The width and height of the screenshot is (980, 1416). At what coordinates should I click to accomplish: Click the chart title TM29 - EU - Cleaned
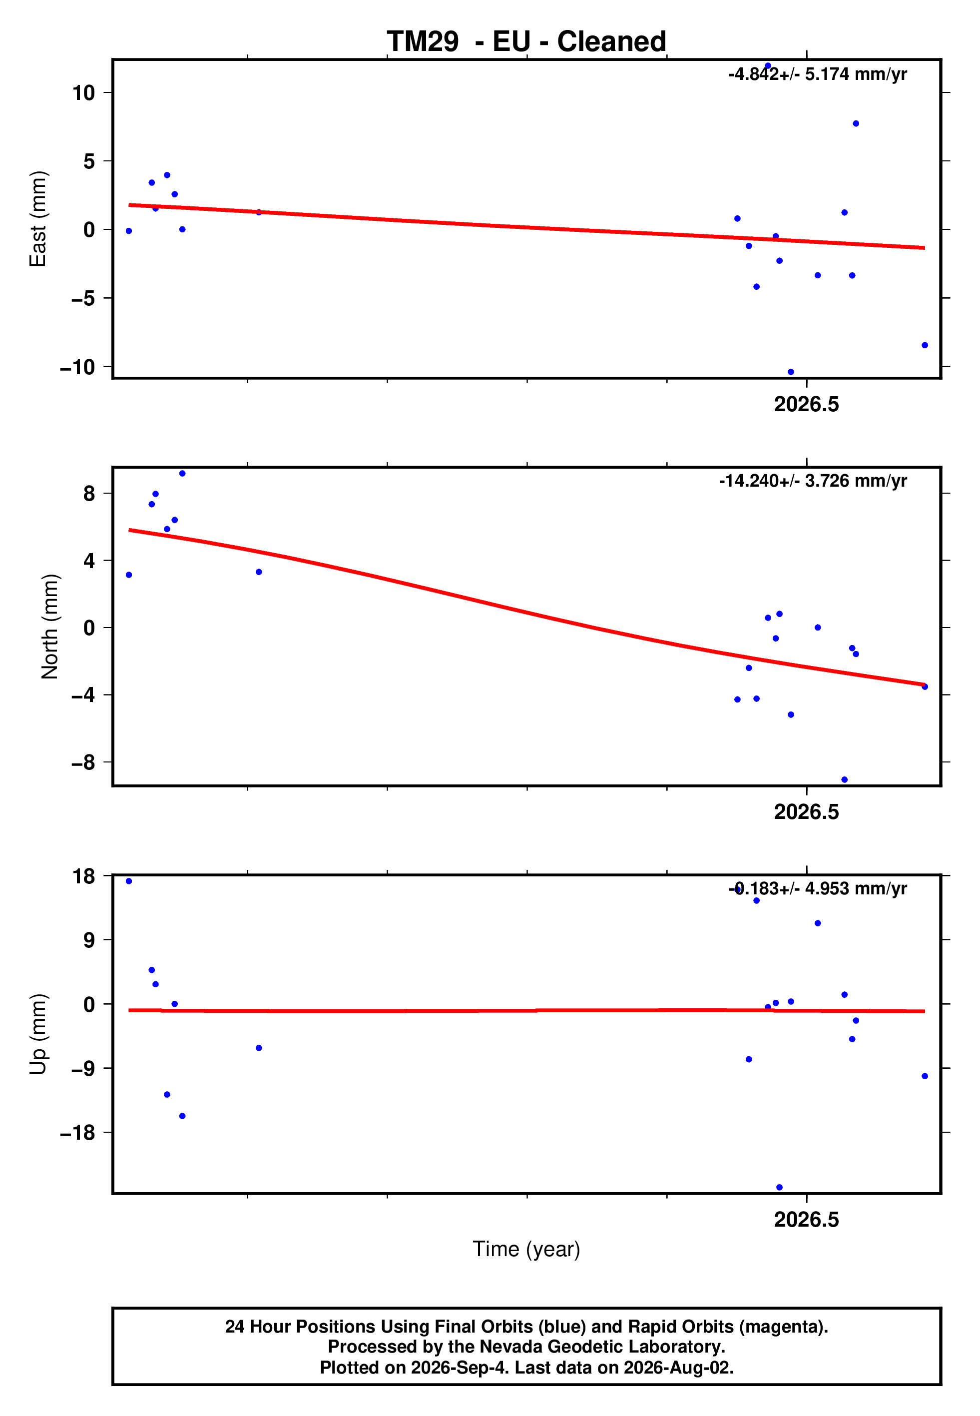pyautogui.click(x=526, y=42)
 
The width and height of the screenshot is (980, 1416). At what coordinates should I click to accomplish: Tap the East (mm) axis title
pyautogui.click(x=38, y=219)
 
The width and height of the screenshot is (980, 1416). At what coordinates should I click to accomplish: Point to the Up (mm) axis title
pyautogui.click(x=38, y=1034)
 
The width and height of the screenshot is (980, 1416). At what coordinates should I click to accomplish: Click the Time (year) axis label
pyautogui.click(x=526, y=1249)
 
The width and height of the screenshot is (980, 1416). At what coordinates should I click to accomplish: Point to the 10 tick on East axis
pyautogui.click(x=83, y=93)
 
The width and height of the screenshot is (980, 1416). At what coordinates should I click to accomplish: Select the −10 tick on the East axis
pyautogui.click(x=77, y=367)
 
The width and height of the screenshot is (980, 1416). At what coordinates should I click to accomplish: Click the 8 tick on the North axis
pyautogui.click(x=89, y=493)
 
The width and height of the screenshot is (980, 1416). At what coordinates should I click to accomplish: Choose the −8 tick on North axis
pyautogui.click(x=83, y=762)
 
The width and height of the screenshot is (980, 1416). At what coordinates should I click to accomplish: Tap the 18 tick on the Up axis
pyautogui.click(x=83, y=876)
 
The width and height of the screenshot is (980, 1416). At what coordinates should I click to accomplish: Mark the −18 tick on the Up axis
pyautogui.click(x=77, y=1133)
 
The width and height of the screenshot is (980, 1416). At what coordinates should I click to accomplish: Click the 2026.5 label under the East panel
pyautogui.click(x=806, y=405)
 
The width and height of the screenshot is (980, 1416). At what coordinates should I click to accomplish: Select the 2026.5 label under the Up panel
pyautogui.click(x=806, y=1220)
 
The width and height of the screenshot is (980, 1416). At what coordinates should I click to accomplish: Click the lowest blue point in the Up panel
pyautogui.click(x=779, y=1188)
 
